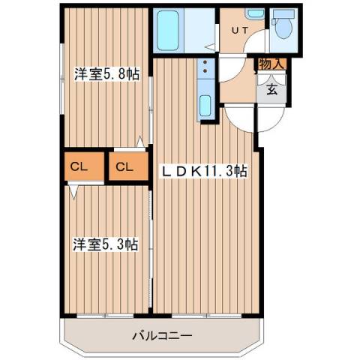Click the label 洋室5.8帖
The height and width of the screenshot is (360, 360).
pos(106,74)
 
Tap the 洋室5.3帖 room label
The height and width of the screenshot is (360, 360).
pos(105,244)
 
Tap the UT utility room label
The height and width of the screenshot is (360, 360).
pos(238,30)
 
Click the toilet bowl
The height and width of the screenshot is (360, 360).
pos(283,28)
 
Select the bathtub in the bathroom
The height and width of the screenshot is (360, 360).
pos(169,30)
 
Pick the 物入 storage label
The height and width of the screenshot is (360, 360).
pos(271,64)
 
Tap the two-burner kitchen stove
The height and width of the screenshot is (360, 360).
pos(205,70)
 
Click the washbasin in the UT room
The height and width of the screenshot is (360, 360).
pos(256,13)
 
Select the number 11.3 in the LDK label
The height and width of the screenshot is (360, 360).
pos(217,170)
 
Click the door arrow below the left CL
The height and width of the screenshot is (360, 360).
pos(73,192)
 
